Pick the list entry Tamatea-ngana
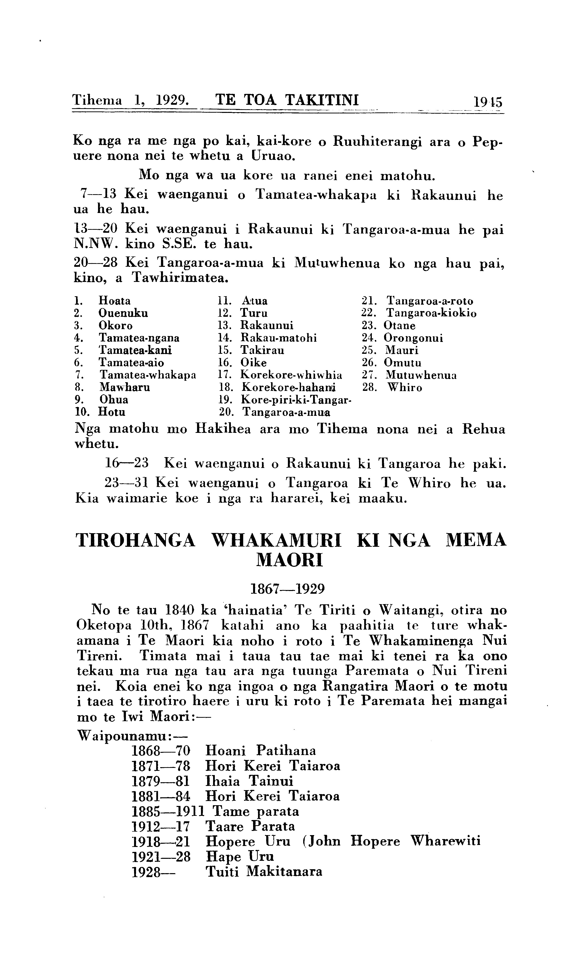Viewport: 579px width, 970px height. [139, 338]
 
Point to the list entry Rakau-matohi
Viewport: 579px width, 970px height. [279, 338]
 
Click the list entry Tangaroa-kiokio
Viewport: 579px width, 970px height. [431, 313]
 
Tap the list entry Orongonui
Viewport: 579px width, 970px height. [414, 338]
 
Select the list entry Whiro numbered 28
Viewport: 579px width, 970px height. [405, 388]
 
